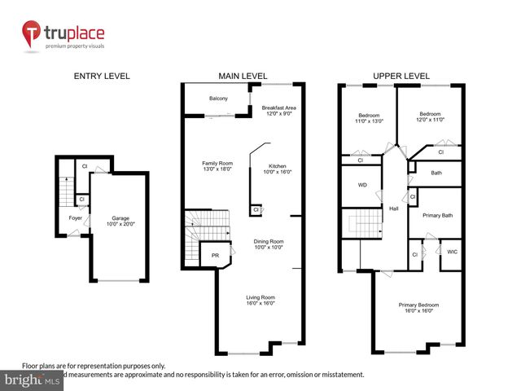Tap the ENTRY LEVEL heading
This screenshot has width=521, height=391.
point(102,76)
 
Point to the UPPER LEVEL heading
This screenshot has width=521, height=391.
point(401,76)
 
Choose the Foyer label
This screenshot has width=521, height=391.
point(75,218)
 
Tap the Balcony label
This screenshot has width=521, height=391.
point(218,99)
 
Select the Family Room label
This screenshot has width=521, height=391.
point(218,163)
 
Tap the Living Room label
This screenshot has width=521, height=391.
point(260,297)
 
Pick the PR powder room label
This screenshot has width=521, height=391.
point(215,255)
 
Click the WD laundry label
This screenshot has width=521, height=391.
point(362,185)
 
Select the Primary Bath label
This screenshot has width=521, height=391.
point(436,216)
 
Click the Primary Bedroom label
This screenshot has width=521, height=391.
point(417,305)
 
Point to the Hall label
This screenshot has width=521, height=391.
point(393,209)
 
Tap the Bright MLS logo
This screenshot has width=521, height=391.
point(32,380)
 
